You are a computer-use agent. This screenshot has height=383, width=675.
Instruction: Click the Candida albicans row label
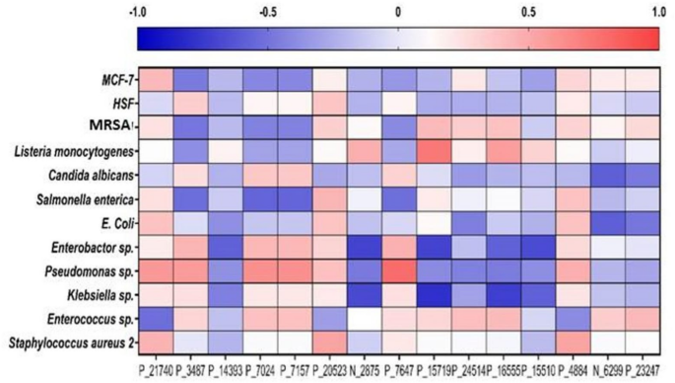(88, 175)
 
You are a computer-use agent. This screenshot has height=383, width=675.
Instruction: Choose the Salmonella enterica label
(84, 198)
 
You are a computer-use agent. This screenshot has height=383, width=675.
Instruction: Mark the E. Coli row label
(114, 222)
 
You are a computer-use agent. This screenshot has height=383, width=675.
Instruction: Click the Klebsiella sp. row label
(98, 294)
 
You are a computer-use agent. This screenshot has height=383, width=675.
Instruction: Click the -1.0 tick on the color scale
(139, 12)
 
